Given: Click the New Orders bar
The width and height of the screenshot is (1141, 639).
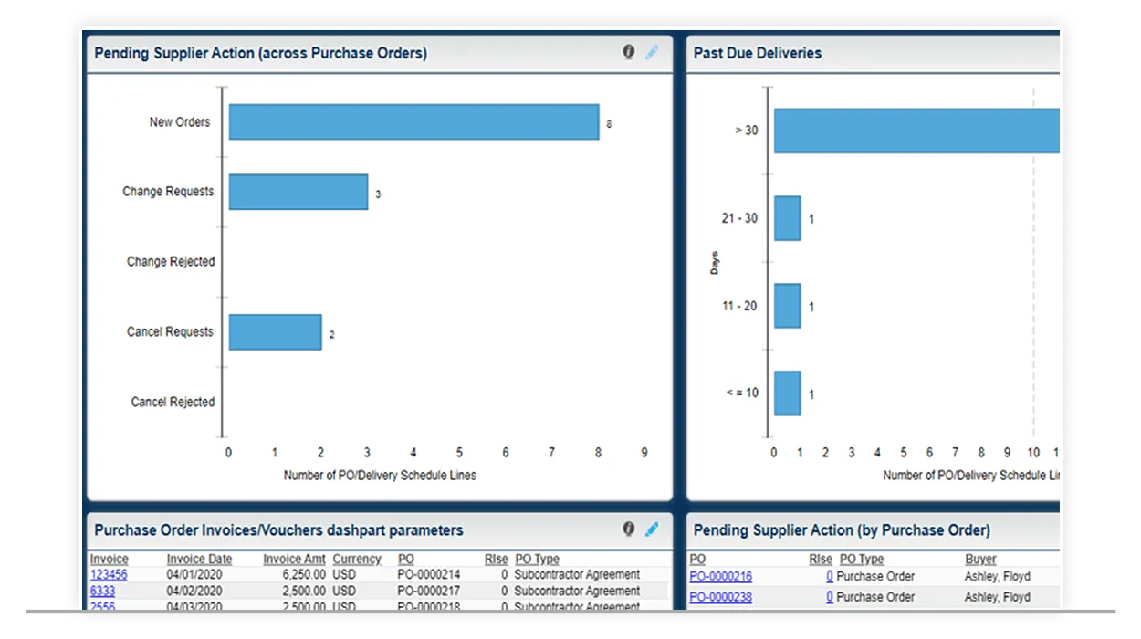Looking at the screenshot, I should point(413,122).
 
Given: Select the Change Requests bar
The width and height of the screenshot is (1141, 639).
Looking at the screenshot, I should point(298,193).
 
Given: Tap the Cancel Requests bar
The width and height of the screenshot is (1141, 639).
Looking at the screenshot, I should point(275,332).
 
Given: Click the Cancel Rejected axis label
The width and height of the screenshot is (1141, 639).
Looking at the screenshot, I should point(173,402).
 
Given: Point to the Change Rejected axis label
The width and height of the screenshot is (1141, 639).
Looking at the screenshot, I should point(171,262).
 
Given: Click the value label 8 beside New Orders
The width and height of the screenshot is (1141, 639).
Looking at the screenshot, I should point(609,123).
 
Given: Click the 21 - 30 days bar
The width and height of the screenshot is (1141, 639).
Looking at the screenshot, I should point(787,219).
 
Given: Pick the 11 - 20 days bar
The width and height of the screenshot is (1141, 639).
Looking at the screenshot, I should point(787,306).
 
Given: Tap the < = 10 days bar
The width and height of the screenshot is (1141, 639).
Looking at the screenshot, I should point(787,393).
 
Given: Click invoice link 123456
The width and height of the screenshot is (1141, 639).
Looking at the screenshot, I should point(109,575).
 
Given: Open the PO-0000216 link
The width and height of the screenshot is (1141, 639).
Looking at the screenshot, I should point(720,577).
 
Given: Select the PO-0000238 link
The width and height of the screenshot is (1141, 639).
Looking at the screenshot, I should point(720,597).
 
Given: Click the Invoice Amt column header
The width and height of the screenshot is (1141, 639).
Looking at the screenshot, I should point(294,560).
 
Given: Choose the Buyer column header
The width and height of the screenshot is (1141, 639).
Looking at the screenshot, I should point(980,560).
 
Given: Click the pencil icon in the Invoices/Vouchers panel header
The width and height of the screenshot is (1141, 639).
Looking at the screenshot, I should point(652,529).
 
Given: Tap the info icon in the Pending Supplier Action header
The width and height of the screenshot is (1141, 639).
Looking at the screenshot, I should point(628,52).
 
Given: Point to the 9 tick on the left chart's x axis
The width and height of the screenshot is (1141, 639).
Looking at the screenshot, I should point(644,453).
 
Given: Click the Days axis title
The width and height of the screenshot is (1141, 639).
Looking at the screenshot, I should point(715,263).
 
